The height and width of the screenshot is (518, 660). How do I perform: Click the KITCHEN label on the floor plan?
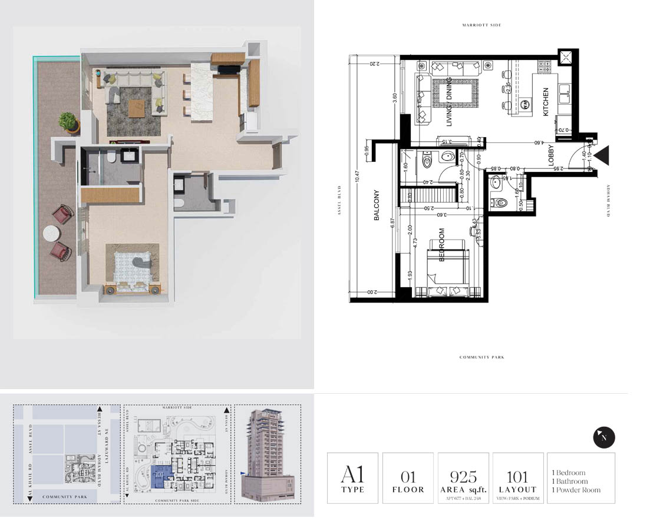point(546,102)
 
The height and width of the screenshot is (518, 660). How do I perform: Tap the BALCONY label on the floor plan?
point(377,205)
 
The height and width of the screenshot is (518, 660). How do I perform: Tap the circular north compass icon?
point(603,437)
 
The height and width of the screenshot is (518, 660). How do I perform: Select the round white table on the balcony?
point(54,234)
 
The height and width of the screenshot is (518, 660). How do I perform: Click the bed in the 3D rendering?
point(133,270)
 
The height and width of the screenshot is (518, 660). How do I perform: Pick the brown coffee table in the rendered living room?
point(137,108)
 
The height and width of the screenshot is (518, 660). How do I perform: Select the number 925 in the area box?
point(463,476)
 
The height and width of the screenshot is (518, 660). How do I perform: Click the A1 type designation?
point(352,475)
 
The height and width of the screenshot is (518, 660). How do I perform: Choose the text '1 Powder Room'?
point(576,490)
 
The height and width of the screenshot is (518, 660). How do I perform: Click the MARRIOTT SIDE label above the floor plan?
point(481,25)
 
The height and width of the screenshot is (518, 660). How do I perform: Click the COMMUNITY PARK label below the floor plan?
point(481,357)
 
